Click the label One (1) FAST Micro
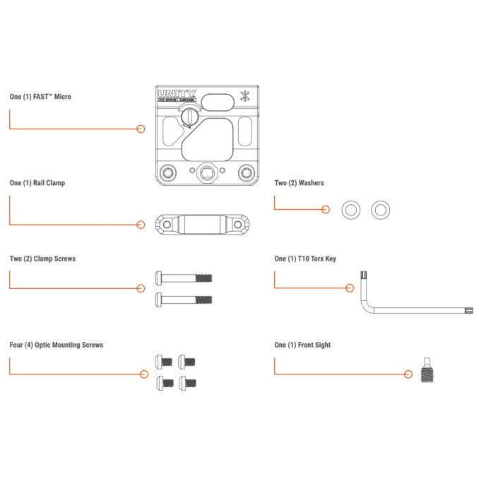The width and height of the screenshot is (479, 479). (40, 97)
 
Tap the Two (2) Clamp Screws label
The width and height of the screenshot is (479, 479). (42, 259)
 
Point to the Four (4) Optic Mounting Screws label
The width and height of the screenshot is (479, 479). (57, 345)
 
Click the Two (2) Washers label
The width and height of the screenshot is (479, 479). (300, 183)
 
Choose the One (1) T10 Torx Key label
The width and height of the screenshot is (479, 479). (305, 259)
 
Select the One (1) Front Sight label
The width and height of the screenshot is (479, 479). (302, 345)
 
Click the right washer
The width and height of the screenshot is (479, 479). (381, 210)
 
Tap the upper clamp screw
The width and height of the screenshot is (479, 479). (183, 278)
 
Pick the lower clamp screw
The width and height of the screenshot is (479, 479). (183, 299)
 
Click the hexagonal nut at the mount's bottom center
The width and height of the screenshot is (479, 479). (207, 172)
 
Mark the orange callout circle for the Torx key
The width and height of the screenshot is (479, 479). (349, 288)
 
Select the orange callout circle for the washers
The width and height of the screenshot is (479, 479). (326, 209)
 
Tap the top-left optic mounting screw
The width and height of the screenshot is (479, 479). (164, 361)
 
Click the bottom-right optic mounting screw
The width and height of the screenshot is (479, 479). (189, 383)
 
